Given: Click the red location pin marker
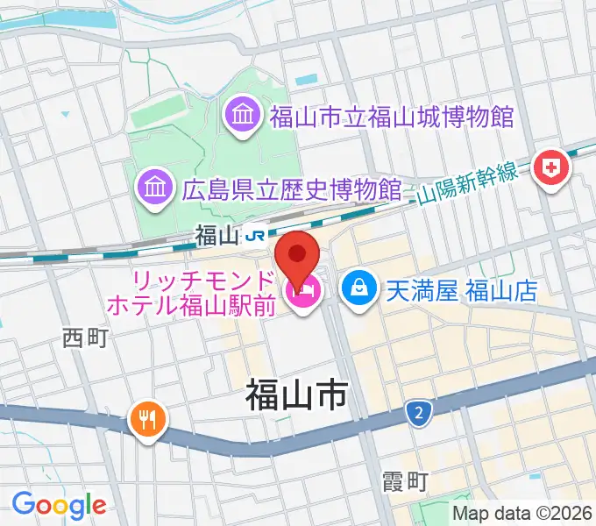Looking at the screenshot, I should [298, 253].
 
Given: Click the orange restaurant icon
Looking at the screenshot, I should [146, 419].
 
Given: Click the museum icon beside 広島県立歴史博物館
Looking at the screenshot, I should [153, 187].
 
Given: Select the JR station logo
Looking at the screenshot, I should [256, 235].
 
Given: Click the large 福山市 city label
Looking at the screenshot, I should [295, 397].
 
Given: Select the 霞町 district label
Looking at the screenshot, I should [405, 480].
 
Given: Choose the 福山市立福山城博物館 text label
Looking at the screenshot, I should [391, 116].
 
